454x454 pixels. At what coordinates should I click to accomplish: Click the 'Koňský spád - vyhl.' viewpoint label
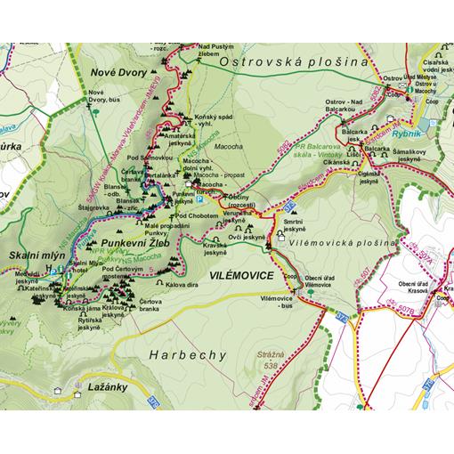coord(213,121)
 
